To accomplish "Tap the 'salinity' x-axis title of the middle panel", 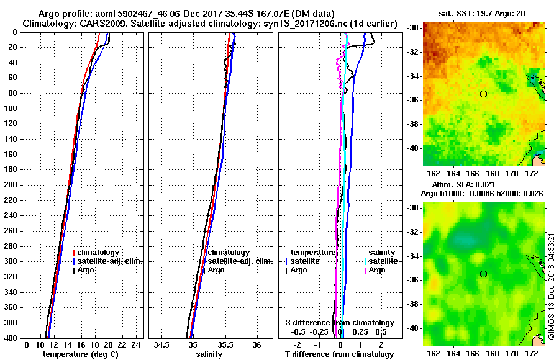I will click(209, 354).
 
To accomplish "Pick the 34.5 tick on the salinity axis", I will click(163, 344).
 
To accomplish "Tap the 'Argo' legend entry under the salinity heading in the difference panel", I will click(377, 270).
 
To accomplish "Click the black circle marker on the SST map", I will click(483, 94).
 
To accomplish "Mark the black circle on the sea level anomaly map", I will click(483, 274).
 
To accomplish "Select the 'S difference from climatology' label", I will click(340, 323).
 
